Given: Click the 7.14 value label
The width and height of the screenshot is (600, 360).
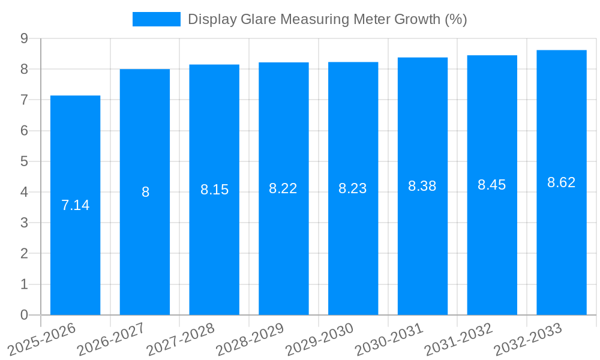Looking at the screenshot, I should coord(75,205).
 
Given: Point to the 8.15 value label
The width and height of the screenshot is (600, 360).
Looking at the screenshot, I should coord(214,190).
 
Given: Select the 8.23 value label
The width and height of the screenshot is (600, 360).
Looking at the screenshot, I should coord(353,188).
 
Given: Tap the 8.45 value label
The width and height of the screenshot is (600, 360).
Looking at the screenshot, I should coord(491,185).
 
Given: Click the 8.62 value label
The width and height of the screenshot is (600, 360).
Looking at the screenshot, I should coord(561,182).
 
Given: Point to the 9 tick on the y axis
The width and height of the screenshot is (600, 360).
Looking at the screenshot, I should coord(24,38).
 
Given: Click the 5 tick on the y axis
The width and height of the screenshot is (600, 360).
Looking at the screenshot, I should coord(24,161).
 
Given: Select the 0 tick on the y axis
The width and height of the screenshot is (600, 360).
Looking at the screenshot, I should coord(24,315).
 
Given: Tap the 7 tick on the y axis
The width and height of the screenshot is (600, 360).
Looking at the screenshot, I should coord(24,100).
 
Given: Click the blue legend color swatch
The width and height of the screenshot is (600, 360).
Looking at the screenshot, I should coord(156,19).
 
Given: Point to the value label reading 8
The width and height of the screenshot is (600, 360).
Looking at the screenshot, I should coord(145,193).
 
